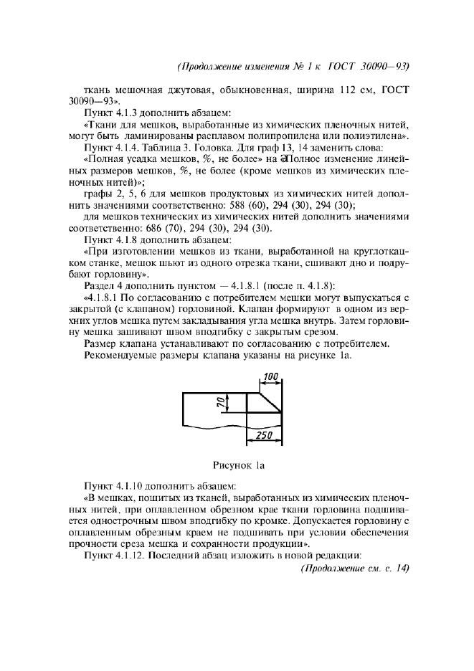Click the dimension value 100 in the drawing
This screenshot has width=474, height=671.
tap(270, 376)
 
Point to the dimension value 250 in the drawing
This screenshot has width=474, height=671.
tap(263, 435)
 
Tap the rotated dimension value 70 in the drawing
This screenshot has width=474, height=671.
tap(220, 403)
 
